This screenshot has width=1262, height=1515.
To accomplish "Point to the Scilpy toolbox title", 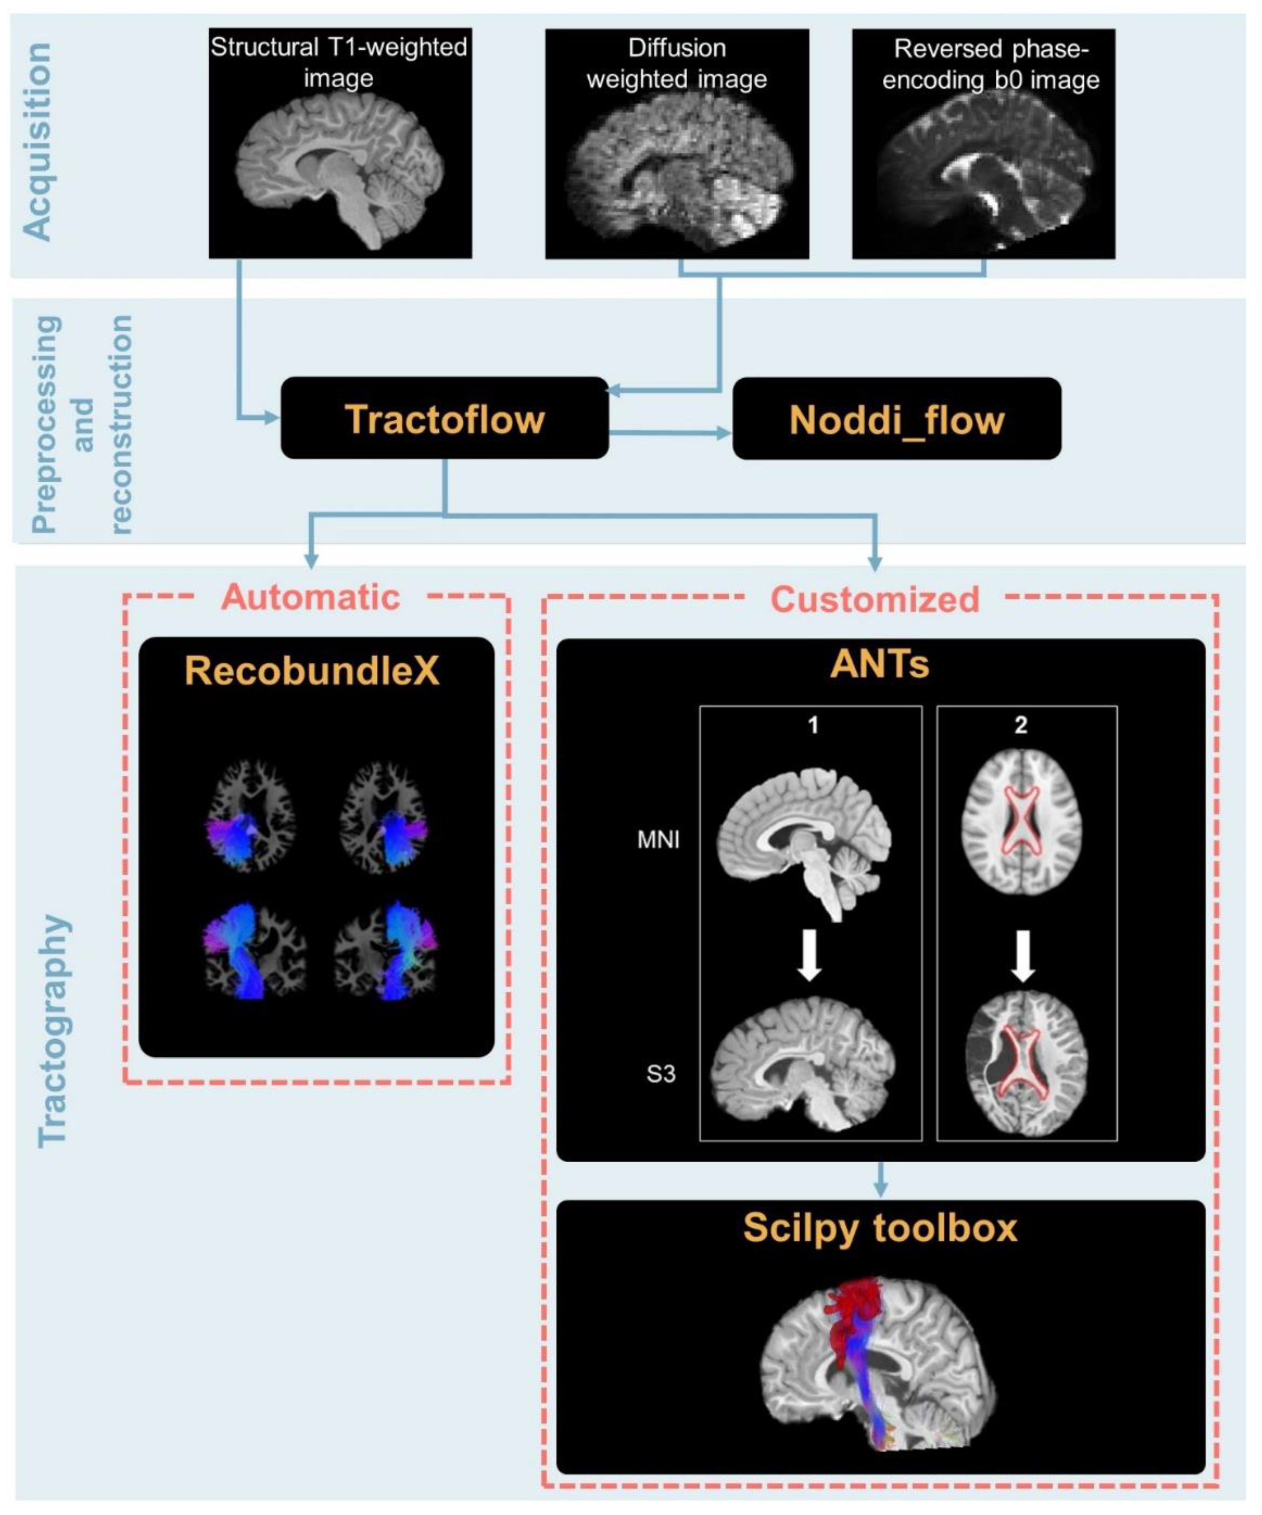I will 880,1228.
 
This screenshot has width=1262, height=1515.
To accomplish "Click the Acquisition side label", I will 37,141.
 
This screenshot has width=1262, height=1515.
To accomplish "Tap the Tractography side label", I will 52,1032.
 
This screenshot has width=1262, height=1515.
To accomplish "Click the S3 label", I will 661,1074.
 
